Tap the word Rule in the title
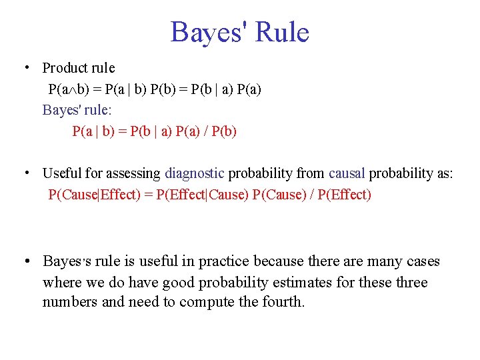pos(282,33)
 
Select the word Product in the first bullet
pos(65,68)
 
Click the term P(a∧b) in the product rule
pos(69,89)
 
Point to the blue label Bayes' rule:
pos(73,110)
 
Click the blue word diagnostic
pos(194,173)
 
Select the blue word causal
pos(347,173)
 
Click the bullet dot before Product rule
pos(25,67)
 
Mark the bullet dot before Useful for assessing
pos(25,173)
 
